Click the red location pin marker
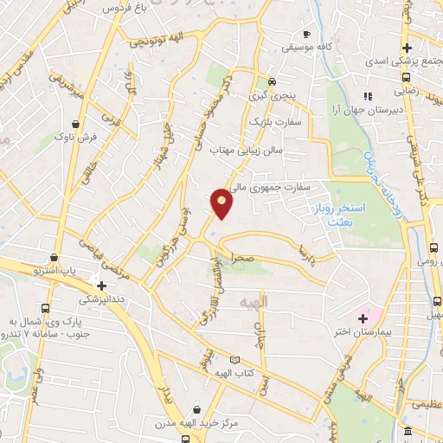click(222, 203)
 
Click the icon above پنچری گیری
click(273, 82)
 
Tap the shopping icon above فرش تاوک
click(79, 124)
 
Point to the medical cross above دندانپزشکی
click(102, 286)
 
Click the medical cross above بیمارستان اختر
click(363, 318)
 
